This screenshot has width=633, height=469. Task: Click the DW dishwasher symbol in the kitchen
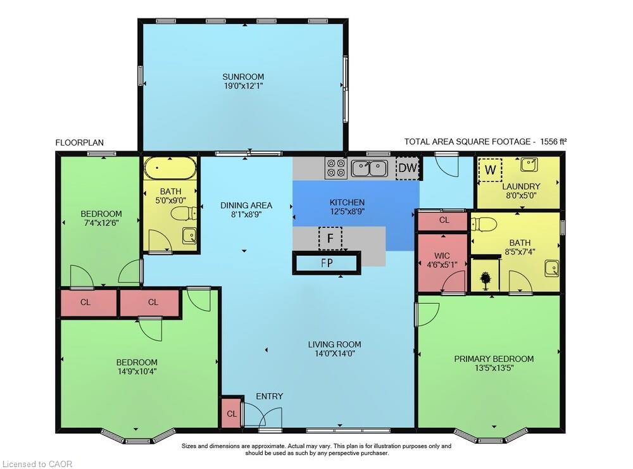tap(407, 168)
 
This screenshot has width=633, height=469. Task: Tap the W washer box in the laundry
tap(489, 170)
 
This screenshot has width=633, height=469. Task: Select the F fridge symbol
tap(330, 239)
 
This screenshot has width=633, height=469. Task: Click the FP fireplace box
tap(327, 263)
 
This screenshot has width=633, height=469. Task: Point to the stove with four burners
tap(335, 168)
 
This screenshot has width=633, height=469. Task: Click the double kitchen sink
tap(370, 168)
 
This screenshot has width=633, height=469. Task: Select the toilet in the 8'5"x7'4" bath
tap(484, 224)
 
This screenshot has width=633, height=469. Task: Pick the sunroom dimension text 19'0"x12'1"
tap(243, 87)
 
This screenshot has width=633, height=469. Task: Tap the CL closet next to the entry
tap(232, 413)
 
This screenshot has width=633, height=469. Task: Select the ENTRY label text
tap(270, 396)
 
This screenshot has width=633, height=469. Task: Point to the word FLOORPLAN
tap(80, 142)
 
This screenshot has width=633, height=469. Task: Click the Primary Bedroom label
tap(494, 359)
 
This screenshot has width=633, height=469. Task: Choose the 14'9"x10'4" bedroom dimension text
tap(137, 372)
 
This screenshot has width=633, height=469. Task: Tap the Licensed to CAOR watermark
tap(37, 464)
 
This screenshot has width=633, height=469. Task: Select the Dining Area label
tap(246, 205)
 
